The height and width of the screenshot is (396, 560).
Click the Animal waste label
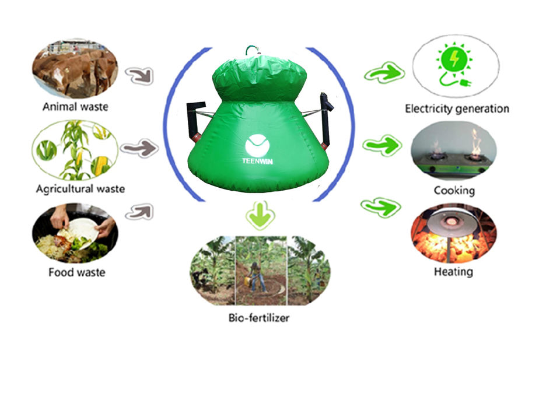click(75, 106)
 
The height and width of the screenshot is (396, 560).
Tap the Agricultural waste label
click(80, 188)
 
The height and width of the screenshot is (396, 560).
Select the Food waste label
click(77, 272)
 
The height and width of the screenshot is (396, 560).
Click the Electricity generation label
click(457, 108)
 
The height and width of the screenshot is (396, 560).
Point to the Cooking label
click(454, 190)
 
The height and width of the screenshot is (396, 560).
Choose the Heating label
click(454, 272)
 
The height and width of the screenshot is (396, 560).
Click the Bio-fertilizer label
click(259, 317)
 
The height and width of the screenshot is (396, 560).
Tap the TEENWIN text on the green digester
click(257, 161)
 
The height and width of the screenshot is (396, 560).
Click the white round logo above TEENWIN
click(257, 146)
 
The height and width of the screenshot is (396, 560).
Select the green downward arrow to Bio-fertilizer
click(260, 215)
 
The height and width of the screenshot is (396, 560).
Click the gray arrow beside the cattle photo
click(140, 76)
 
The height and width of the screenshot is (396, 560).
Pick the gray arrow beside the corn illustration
click(139, 148)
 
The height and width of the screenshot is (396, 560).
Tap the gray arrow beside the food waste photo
click(140, 212)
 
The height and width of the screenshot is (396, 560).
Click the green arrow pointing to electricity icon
click(384, 73)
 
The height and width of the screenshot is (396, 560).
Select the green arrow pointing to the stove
click(382, 145)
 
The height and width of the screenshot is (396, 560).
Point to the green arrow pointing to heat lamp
click(381, 207)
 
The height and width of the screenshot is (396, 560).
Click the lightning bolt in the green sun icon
click(454, 58)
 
